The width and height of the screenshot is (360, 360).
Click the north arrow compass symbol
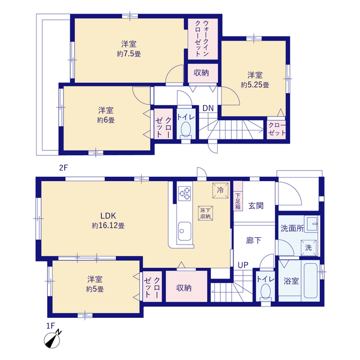click(x=53, y=339)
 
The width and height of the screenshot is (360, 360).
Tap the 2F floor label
click(x=64, y=168)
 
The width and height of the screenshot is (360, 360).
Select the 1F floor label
click(x=51, y=326)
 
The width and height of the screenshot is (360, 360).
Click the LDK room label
click(x=108, y=215)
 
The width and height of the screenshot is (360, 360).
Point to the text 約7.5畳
click(x=129, y=54)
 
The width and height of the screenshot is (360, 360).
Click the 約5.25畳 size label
click(x=255, y=85)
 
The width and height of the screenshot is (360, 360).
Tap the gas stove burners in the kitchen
click(x=184, y=193)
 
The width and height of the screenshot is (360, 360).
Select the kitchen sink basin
click(x=184, y=231)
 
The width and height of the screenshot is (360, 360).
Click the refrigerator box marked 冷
click(x=220, y=190)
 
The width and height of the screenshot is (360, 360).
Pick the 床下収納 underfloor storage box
click(x=205, y=213)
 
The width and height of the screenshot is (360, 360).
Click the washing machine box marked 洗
click(x=309, y=247)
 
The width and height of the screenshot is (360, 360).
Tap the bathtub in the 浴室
click(x=310, y=281)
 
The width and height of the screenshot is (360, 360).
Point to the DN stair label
click(x=208, y=108)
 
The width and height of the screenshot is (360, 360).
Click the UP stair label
click(x=243, y=265)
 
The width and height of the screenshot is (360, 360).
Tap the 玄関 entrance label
click(x=256, y=206)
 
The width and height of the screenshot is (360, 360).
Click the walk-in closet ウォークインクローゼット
click(x=202, y=39)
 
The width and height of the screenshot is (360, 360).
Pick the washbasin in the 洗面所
click(x=311, y=224)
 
